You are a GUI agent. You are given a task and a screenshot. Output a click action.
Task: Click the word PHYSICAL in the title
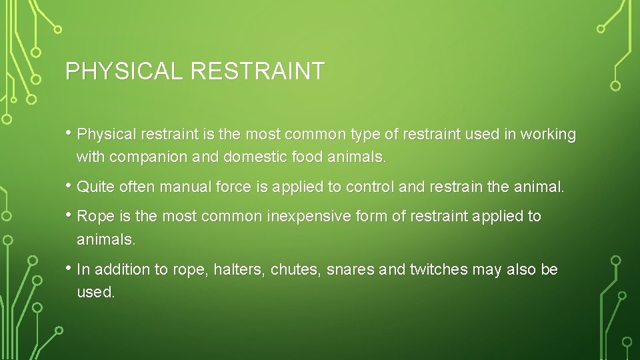tap(123, 71)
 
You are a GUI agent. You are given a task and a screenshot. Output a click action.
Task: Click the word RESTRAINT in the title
tap(257, 71)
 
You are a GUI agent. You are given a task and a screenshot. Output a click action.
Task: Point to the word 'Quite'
tap(96, 188)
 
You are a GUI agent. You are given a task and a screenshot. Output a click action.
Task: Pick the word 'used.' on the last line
tap(96, 293)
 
